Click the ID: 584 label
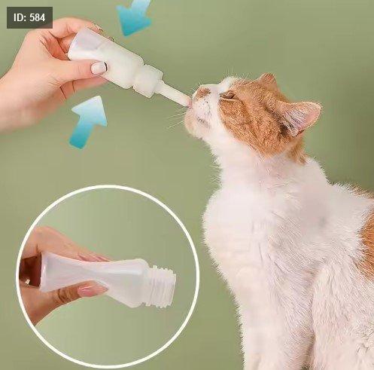pos(29,17)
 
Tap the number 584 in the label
pos(38,17)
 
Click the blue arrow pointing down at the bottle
pos(134,17)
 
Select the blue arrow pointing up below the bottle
pos(89,122)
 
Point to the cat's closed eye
pos(228,96)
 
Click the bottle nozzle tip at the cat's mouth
pos(187,102)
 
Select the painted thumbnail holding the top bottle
pos(99,68)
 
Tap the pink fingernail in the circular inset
pos(92,291)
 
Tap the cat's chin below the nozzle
pos(198,122)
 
